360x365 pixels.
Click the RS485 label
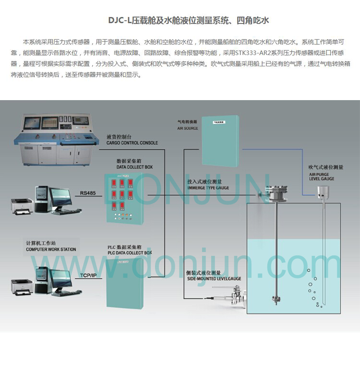click(88, 193)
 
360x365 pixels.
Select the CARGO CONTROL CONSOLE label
click(132, 143)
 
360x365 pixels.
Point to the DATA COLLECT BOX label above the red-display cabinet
click(134, 167)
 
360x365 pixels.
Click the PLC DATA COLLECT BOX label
click(130, 253)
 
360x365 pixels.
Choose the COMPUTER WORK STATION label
click(51, 249)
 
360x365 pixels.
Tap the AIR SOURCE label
click(187, 128)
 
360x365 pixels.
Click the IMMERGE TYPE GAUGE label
click(208, 188)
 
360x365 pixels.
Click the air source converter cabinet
click(220, 140)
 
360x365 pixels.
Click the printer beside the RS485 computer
click(22, 205)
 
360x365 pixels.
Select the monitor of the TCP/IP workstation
click(59, 276)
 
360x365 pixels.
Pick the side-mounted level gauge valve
click(234, 299)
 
